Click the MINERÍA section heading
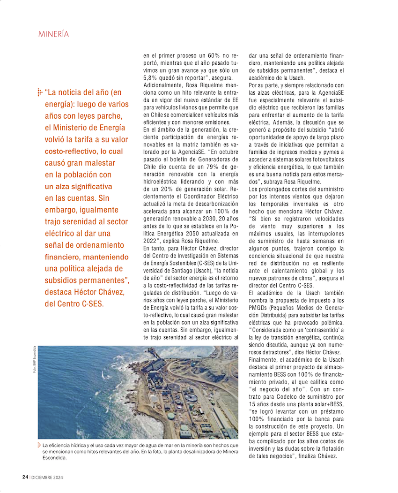[53, 34]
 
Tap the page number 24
[25, 477]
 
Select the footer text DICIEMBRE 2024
[47, 477]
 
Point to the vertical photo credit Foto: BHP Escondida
[34, 360]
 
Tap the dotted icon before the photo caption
[39, 445]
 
